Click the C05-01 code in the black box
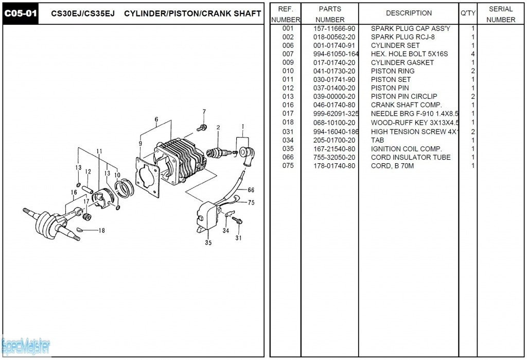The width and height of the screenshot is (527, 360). pyautogui.click(x=21, y=13)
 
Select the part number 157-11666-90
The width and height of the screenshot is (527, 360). pyautogui.click(x=334, y=28)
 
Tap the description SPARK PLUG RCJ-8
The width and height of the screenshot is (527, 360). pyautogui.click(x=403, y=37)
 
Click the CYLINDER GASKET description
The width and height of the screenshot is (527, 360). pyautogui.click(x=402, y=62)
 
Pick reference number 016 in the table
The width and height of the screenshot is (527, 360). pyautogui.click(x=288, y=105)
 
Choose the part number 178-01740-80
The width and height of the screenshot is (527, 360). pyautogui.click(x=334, y=166)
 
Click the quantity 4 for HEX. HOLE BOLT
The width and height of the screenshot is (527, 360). pyautogui.click(x=472, y=54)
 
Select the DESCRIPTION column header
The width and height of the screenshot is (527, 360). pyautogui.click(x=409, y=13)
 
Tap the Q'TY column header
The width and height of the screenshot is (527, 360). pyautogui.click(x=467, y=13)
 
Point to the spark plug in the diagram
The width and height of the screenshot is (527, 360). pyautogui.click(x=217, y=152)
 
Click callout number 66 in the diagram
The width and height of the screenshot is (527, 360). pyautogui.click(x=251, y=190)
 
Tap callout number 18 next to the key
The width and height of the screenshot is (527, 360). pyautogui.click(x=101, y=230)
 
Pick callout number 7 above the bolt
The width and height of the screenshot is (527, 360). pyautogui.click(x=204, y=112)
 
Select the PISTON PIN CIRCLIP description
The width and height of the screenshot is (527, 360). pyautogui.click(x=404, y=96)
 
